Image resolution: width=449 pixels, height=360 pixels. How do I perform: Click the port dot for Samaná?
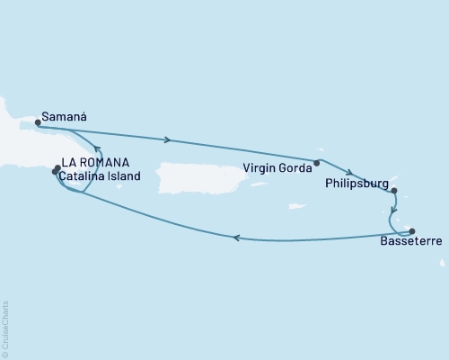tap(38, 122)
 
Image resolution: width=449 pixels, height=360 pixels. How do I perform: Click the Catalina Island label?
tap(101, 177)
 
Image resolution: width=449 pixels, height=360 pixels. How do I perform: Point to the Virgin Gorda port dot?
tap(316, 163)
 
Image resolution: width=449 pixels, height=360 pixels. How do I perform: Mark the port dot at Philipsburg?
tap(394, 190)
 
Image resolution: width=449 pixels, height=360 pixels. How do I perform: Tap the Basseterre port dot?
tap(412, 230)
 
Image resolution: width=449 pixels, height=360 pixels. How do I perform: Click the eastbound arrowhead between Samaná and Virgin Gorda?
tap(168, 139)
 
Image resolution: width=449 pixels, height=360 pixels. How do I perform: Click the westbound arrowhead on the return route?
tap(235, 238)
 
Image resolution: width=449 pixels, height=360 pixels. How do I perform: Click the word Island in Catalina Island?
tap(123, 177)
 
